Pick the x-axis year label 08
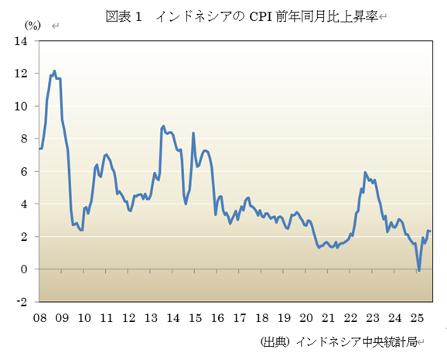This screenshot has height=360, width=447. click(40, 318)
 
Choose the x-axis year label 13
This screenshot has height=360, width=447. click(152, 318)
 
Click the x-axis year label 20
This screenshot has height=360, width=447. click(306, 318)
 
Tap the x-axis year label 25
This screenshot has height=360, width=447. click(417, 318)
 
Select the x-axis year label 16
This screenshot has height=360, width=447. click(218, 318)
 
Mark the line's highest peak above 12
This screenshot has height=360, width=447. click(54, 71)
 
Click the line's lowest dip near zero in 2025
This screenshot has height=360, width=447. click(419, 270)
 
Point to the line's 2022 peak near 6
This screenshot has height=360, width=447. click(365, 173)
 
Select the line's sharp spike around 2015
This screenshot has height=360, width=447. click(193, 133)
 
